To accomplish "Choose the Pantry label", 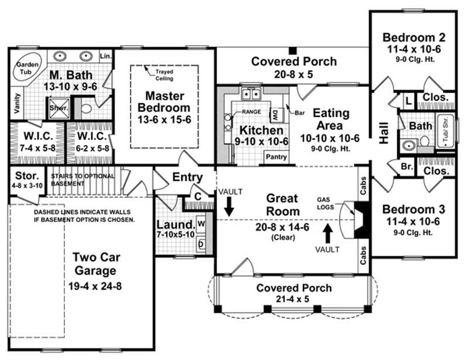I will pyautogui.click(x=276, y=157).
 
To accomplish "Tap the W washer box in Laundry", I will pyautogui.click(x=201, y=223).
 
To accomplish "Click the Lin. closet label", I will pyautogui.click(x=105, y=57).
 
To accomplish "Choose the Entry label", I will pyautogui.click(x=187, y=177).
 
